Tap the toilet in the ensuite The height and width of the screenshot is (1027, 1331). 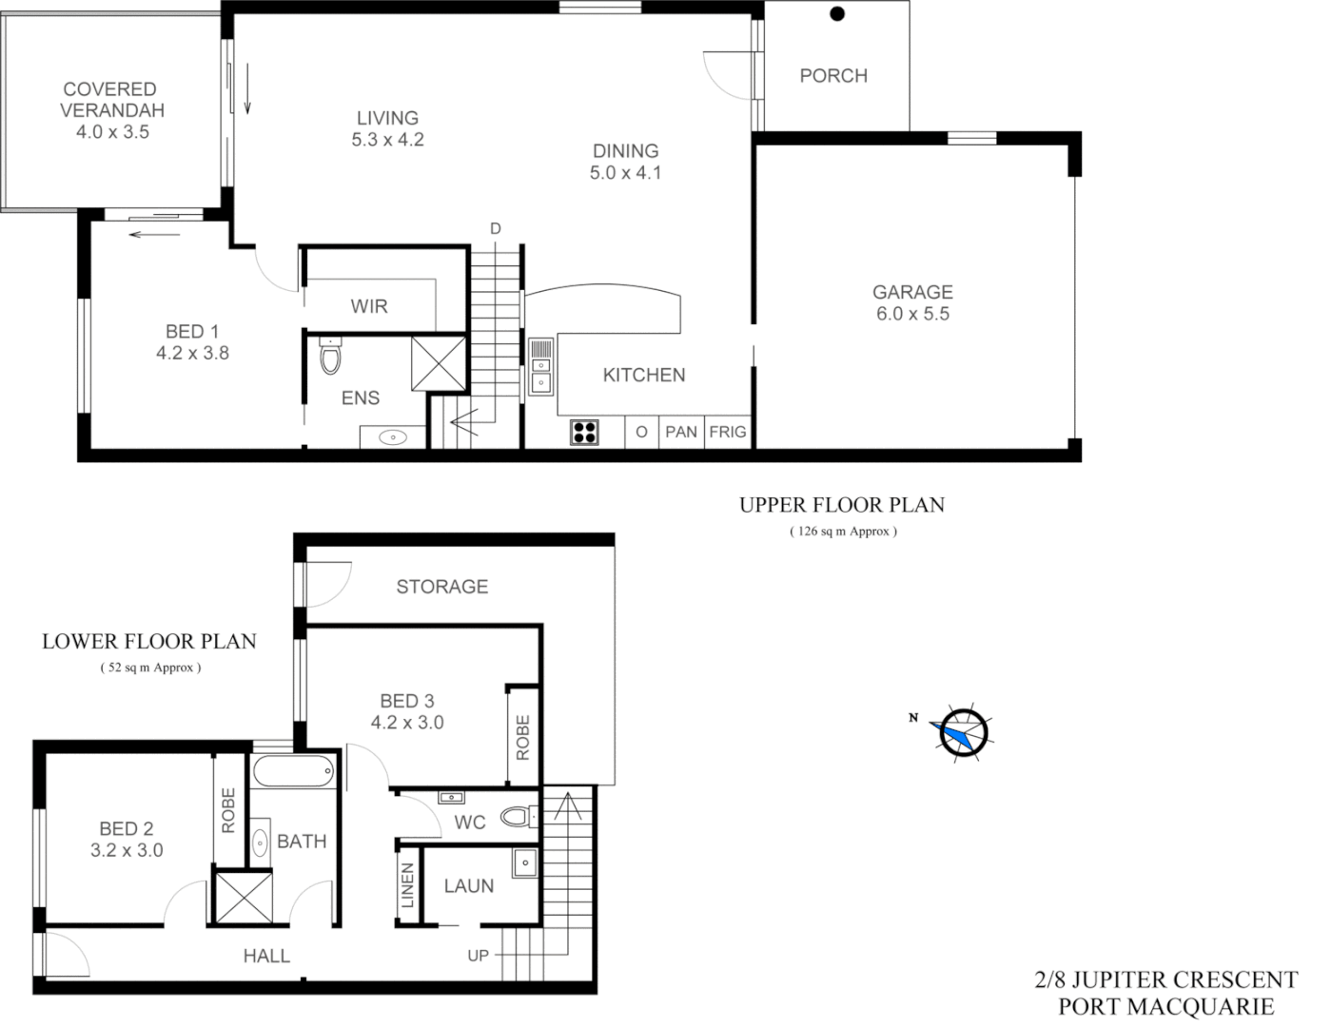pos(330,358)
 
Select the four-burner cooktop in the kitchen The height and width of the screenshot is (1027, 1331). pos(584,433)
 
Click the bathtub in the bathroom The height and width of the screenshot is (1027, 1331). pos(294,771)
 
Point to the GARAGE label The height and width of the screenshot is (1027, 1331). pos(912,292)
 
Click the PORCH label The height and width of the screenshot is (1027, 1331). pos(833,76)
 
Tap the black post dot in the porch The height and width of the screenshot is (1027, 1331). pos(837,13)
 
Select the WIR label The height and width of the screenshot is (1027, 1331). pos(369,306)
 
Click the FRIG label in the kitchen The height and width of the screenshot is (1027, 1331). pos(728,432)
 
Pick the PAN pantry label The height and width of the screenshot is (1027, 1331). pos(681,432)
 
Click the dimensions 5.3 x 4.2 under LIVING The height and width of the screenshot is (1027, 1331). pos(387,140)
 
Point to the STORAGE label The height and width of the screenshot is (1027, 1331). pos(442,587)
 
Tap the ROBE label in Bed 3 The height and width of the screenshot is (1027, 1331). pos(522,737)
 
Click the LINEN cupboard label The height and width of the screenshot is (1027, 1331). pos(408,885)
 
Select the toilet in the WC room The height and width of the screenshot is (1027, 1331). pos(519,817)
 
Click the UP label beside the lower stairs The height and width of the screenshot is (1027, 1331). pos(478,955)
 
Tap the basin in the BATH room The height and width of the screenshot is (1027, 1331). pos(260,843)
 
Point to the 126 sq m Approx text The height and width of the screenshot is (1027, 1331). pos(843,532)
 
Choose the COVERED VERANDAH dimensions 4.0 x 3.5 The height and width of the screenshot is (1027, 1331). pos(112,132)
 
